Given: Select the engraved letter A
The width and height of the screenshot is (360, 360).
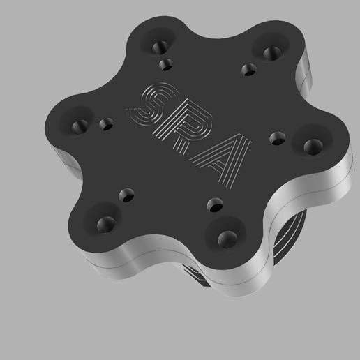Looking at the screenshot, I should (x=222, y=160).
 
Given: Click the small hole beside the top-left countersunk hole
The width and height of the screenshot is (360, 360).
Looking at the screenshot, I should (x=166, y=65).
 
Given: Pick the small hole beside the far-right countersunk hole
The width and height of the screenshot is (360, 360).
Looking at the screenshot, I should (x=278, y=137).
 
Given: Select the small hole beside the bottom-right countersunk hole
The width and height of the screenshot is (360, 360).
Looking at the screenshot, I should (x=216, y=204).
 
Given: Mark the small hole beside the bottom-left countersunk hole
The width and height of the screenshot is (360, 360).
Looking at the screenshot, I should (x=128, y=194).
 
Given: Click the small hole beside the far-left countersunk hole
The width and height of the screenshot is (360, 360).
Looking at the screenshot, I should (x=106, y=125).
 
